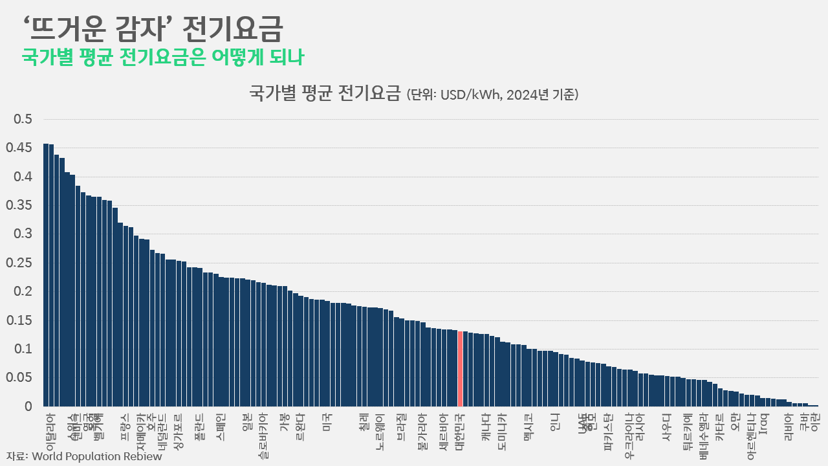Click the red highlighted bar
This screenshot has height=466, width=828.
point(460,368)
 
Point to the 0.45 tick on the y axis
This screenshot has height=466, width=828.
point(19,148)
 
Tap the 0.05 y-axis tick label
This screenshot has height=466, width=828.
point(19,378)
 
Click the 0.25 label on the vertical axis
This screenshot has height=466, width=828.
point(19,263)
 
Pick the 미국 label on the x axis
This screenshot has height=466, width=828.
point(328,423)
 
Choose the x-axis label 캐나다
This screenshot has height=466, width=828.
point(486,427)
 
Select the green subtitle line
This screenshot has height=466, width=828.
point(163,57)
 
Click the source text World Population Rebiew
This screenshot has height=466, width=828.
point(96,456)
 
